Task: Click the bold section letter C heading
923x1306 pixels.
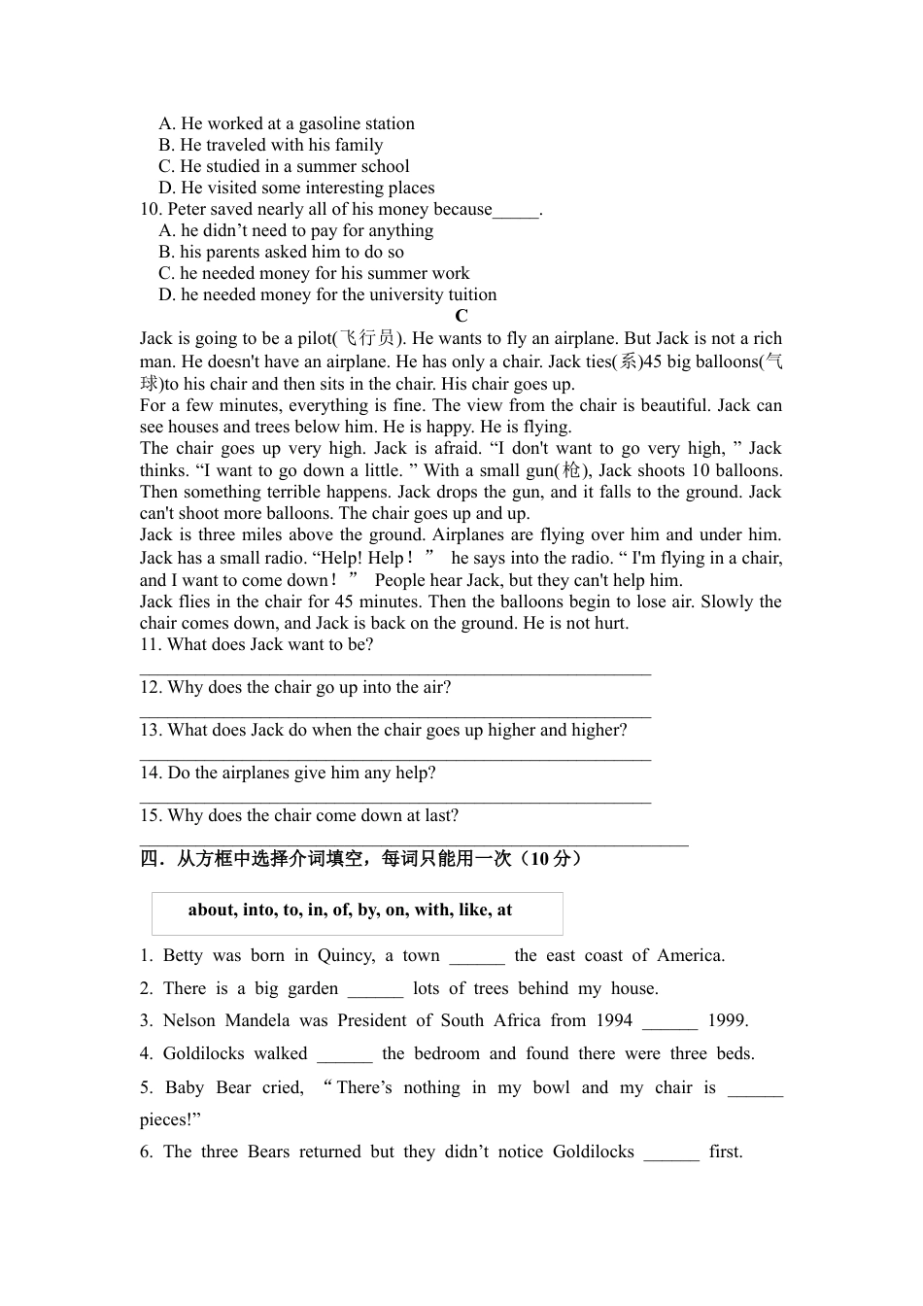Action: coord(461,316)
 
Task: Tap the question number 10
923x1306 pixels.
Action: coord(150,209)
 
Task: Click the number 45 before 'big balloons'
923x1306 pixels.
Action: coord(653,361)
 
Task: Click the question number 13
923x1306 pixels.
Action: coord(150,730)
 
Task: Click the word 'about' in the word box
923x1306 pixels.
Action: coord(211,910)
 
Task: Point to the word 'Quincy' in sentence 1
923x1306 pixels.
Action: coord(346,955)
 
